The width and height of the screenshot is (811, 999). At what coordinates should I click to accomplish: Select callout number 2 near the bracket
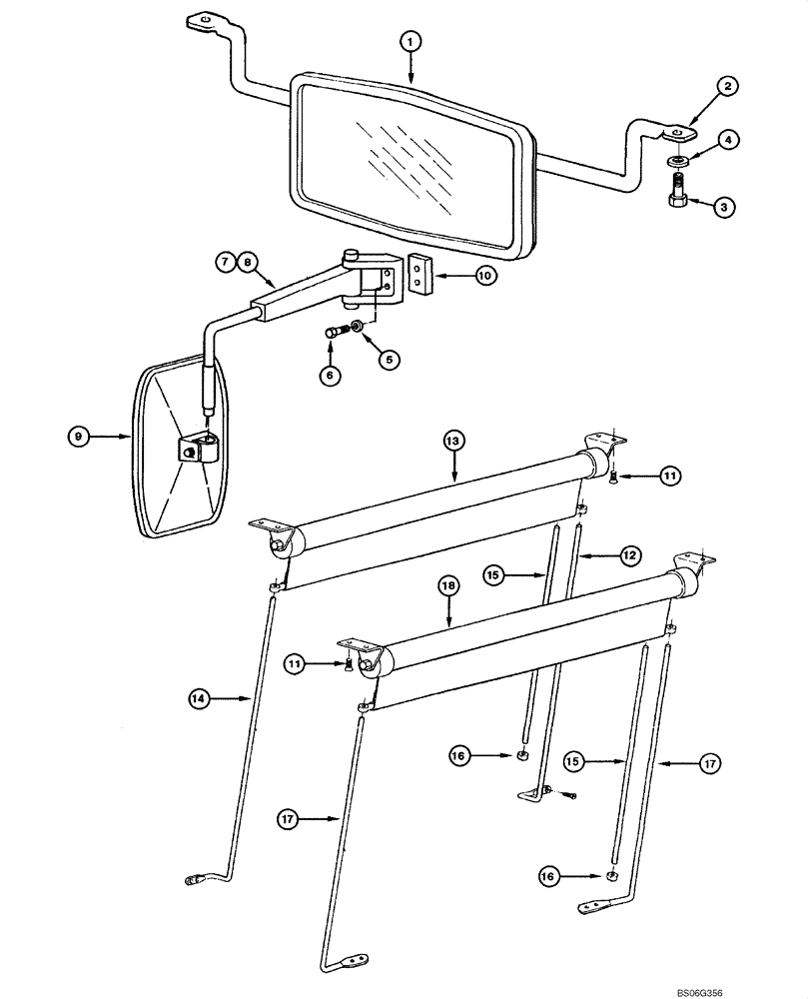(728, 87)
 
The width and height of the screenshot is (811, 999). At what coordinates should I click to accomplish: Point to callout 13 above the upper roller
(453, 441)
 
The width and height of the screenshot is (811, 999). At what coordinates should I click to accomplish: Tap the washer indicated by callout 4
(678, 159)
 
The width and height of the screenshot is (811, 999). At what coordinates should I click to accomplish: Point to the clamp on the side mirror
(197, 449)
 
